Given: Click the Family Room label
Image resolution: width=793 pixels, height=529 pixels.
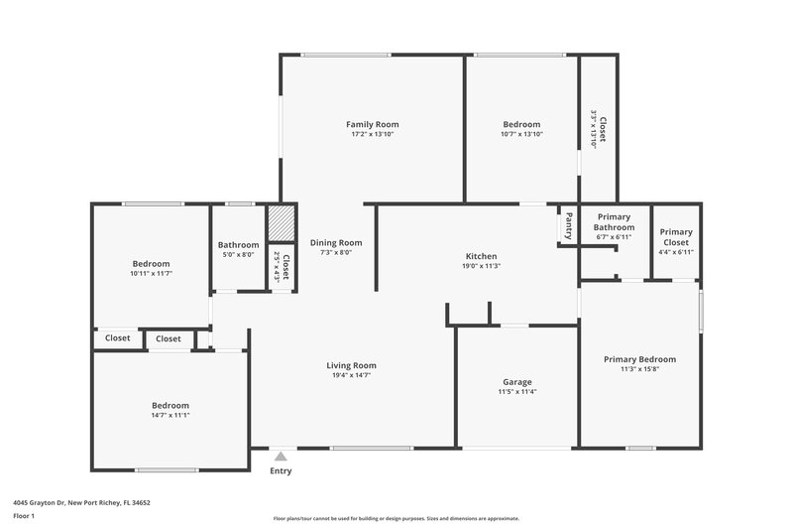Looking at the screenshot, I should coord(373,124).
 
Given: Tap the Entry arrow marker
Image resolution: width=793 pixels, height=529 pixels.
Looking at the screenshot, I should coord(282,457).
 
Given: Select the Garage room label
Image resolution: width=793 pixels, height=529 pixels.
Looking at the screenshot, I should coord(516,382).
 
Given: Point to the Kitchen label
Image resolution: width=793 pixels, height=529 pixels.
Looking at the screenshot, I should coord(481,256).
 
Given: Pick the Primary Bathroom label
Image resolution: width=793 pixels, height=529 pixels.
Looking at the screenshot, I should coord(614,222).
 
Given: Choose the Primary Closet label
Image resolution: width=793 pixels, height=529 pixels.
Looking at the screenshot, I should coord(676,237).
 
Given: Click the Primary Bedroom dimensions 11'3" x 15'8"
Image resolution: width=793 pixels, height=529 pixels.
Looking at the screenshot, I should coord(639,369).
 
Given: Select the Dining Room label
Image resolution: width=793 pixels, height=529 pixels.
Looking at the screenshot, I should coord(336,242).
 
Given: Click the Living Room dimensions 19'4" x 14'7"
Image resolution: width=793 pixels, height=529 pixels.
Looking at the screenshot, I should coord(351,375).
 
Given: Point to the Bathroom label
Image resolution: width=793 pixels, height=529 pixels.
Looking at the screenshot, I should coord(239,245).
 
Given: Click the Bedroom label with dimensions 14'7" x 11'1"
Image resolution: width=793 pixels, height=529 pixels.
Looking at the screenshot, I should coord(170,405).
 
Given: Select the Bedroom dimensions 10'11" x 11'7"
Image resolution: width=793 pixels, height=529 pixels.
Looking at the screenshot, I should coord(152,273).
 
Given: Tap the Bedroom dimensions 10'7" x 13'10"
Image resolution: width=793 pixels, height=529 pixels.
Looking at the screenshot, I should coord(521,134).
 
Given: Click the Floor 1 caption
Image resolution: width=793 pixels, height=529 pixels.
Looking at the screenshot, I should coord(24,517).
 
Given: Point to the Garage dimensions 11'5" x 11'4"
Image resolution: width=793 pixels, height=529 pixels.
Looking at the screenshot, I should coord(516,392).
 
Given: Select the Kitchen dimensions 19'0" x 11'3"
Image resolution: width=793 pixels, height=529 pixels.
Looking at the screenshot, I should coord(481,266).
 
